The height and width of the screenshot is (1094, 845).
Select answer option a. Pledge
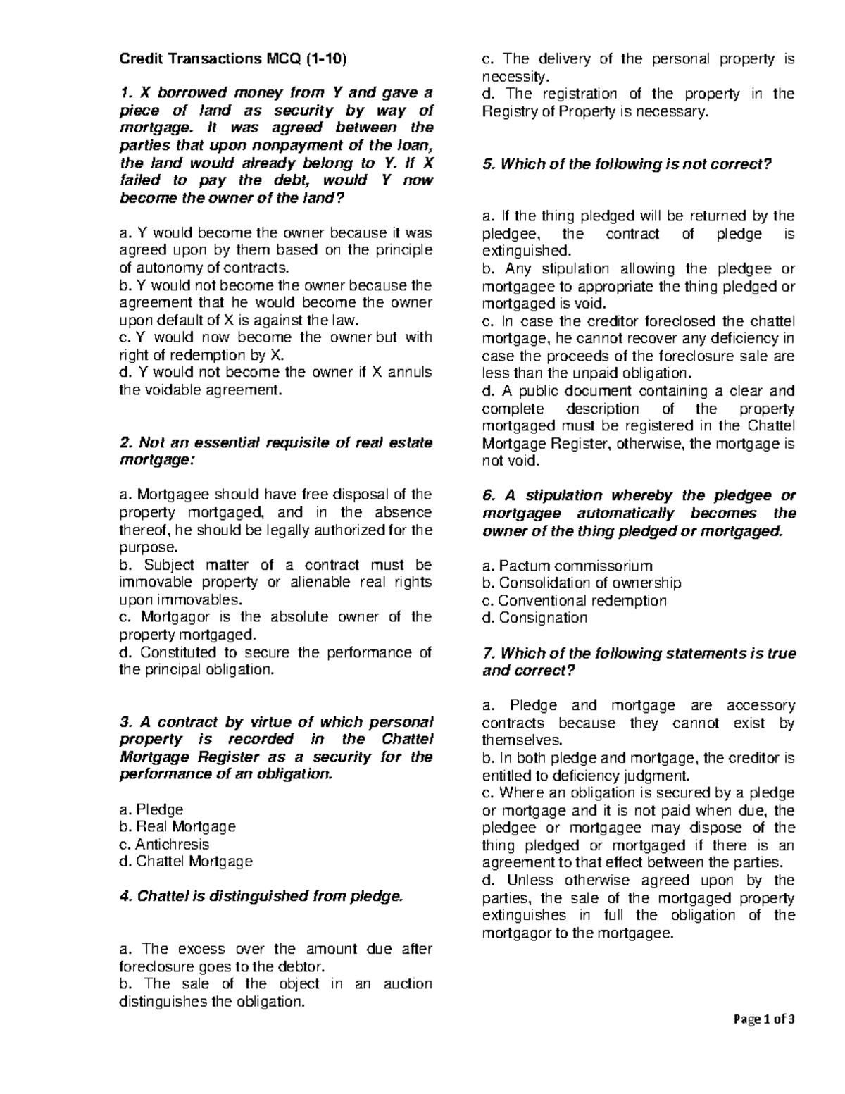pyautogui.click(x=151, y=809)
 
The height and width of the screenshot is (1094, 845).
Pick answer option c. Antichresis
pyautogui.click(x=164, y=844)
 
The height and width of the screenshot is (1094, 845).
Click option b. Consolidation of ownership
pyautogui.click(x=582, y=583)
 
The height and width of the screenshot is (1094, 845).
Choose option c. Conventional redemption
pyautogui.click(x=574, y=600)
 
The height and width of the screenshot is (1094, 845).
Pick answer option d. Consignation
pyautogui.click(x=534, y=618)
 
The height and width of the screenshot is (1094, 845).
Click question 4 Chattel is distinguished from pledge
pyautogui.click(x=263, y=896)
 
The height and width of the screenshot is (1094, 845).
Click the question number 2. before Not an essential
pyautogui.click(x=126, y=442)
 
